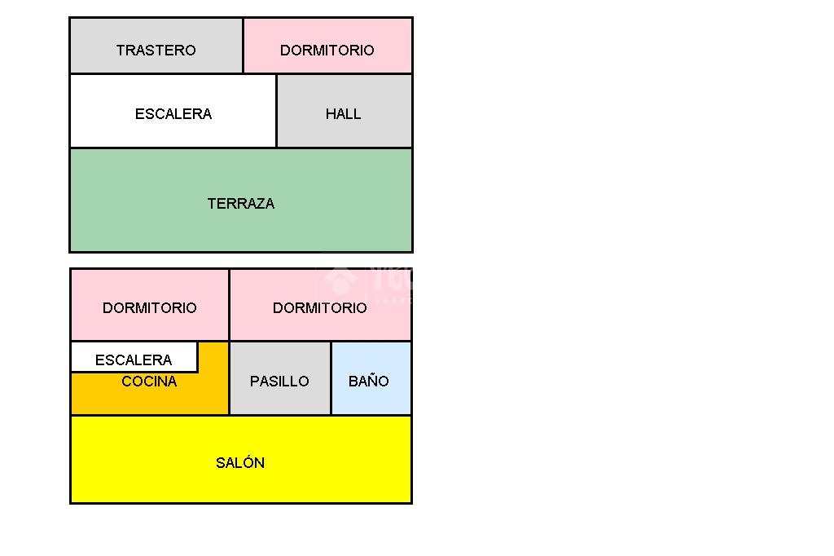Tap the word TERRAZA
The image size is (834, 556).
pyautogui.click(x=241, y=204)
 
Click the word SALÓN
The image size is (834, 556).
pyautogui.click(x=240, y=463)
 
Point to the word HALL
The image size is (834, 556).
pyautogui.click(x=344, y=114)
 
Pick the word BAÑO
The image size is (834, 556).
pyautogui.click(x=369, y=381)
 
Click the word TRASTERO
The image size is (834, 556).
pyautogui.click(x=156, y=51)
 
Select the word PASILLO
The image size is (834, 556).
pyautogui.click(x=279, y=382)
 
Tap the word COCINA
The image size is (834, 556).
pyautogui.click(x=149, y=382)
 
